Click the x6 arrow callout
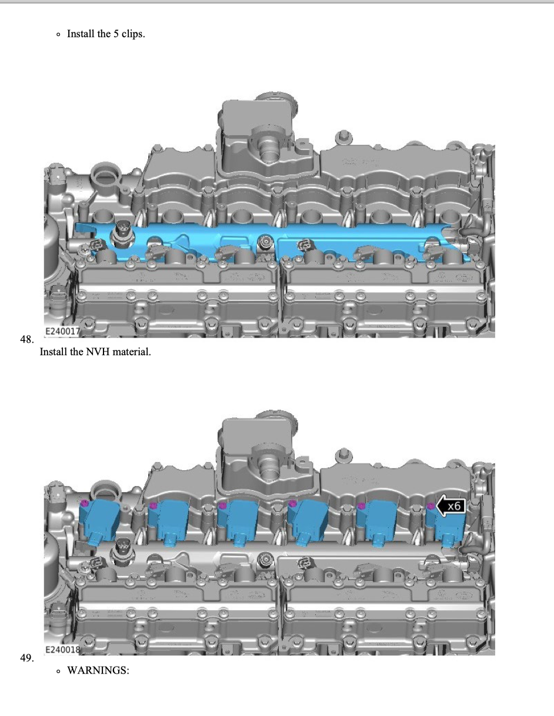[x=450, y=506]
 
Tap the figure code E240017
[x=62, y=331]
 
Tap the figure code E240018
[x=62, y=650]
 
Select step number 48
[x=26, y=339]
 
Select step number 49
[x=26, y=658]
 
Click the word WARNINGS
[x=98, y=670]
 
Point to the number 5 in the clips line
[x=116, y=34]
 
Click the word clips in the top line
[x=133, y=34]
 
